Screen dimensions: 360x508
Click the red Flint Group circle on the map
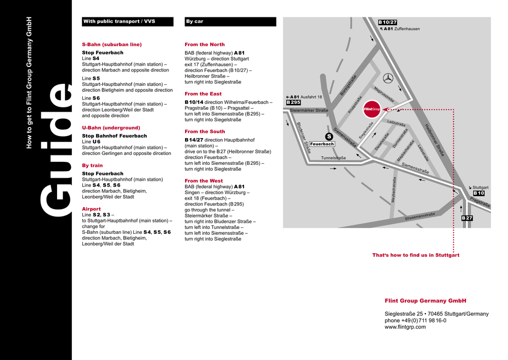coord(372,109)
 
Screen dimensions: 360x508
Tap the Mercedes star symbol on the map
coord(388,78)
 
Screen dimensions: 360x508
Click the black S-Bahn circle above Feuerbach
coord(328,137)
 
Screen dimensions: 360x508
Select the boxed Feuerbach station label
coord(322,144)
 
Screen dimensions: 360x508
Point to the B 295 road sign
coord(294,102)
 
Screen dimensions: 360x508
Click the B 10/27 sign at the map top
coord(387,22)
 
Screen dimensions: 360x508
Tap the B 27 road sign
coord(467,218)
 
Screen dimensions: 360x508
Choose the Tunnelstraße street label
coord(333,158)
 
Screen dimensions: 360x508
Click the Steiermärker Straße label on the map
coord(309,110)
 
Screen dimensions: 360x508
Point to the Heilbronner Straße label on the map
coord(435,141)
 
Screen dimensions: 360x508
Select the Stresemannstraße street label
coord(420,216)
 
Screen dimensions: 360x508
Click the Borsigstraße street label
coord(348,85)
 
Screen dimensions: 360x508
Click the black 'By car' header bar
coord(230,22)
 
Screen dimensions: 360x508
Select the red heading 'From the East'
coord(203,94)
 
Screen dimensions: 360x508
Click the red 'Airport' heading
coord(91,209)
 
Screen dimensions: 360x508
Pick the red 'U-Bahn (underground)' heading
coord(111,128)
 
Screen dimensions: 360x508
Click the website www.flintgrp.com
coord(405,327)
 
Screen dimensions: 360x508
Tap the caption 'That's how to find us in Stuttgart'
coord(416,255)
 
